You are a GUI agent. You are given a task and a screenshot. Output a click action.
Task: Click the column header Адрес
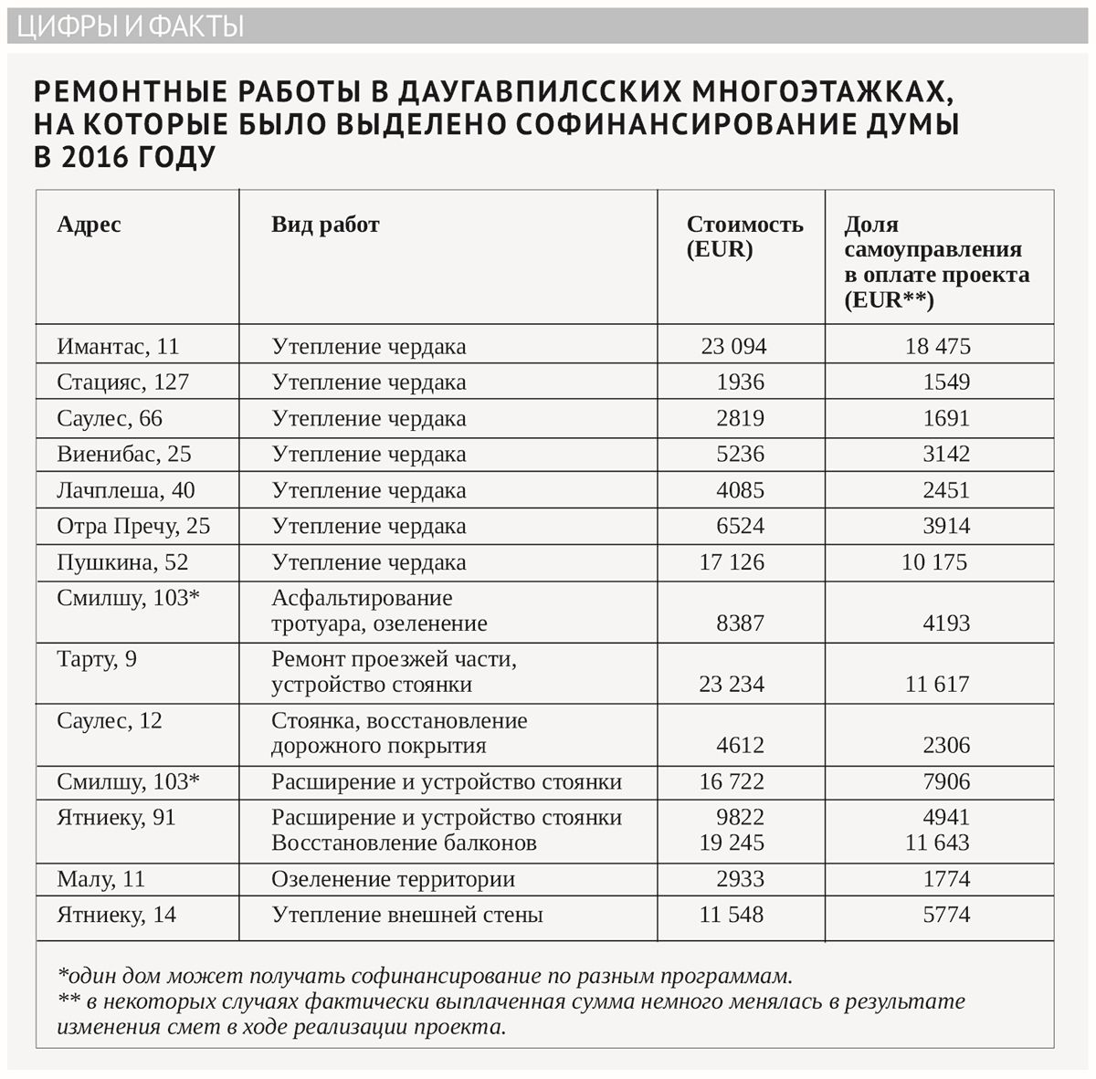(x=89, y=225)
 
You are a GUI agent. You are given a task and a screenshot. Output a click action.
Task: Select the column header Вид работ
(x=325, y=225)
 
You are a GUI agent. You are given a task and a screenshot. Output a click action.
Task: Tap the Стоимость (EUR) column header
(x=744, y=236)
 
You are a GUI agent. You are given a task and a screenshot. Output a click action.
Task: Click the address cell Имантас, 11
(x=118, y=347)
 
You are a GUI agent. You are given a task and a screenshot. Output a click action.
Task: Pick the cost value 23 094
(x=733, y=347)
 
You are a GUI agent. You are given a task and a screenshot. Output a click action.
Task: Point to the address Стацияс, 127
(x=122, y=382)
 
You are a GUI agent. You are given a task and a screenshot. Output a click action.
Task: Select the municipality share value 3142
(x=946, y=454)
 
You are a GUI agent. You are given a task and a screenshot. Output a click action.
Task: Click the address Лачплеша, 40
(x=125, y=490)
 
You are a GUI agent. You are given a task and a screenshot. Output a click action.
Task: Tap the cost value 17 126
(x=732, y=562)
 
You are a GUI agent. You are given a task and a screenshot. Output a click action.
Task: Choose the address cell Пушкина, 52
(x=122, y=562)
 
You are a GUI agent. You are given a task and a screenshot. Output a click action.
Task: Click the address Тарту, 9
(x=97, y=659)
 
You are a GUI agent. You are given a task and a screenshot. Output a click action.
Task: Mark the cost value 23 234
(x=732, y=685)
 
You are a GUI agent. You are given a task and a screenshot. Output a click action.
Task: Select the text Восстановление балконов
(x=404, y=843)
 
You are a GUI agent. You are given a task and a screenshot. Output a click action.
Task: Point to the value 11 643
(x=937, y=843)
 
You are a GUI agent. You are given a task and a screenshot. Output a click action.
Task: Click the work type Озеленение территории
(x=393, y=879)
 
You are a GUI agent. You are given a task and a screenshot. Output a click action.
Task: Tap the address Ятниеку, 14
(x=116, y=915)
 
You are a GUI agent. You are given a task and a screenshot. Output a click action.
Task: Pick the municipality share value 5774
(x=946, y=915)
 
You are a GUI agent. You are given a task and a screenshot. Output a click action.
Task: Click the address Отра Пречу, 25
(x=133, y=526)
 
